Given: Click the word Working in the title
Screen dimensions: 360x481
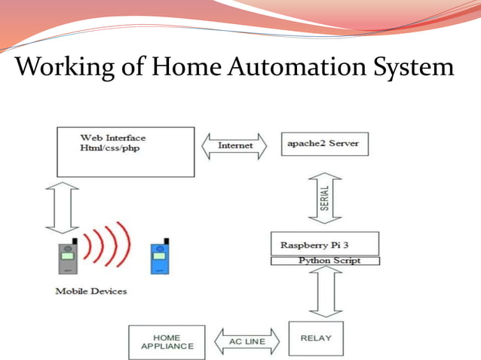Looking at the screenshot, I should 59,69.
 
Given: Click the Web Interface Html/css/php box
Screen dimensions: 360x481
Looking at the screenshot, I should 125,151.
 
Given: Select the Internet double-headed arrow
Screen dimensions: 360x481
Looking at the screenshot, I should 235,145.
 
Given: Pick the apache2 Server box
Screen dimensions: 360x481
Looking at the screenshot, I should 324,143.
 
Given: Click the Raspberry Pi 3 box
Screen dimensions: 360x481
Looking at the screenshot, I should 324,244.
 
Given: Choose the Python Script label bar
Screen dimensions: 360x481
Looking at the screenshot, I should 325,261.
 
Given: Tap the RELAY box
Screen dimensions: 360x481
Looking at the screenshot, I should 315,338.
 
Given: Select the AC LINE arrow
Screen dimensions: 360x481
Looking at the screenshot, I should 247,342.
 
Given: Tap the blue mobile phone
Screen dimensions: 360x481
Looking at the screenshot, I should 158,258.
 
